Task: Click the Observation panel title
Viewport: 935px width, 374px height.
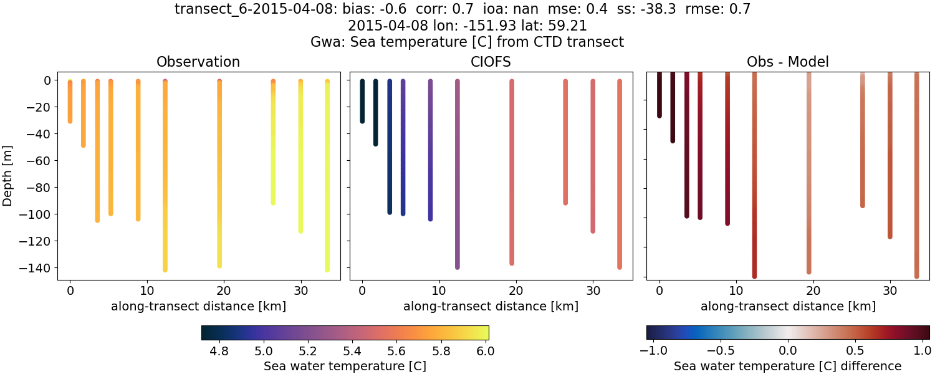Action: (x=198, y=62)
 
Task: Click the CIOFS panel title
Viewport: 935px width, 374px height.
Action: (x=491, y=62)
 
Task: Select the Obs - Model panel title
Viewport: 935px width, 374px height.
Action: (x=787, y=62)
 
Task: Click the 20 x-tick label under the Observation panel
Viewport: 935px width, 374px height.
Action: (x=224, y=291)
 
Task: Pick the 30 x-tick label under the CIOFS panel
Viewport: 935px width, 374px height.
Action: (x=593, y=291)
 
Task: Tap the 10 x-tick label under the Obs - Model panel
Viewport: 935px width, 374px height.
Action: (x=736, y=291)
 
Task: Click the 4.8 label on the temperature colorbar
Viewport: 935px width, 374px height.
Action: (x=219, y=351)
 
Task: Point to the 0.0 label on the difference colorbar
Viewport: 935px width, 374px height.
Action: (x=788, y=351)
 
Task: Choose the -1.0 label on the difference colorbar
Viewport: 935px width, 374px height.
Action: (x=650, y=351)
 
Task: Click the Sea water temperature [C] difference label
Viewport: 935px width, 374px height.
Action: (x=787, y=366)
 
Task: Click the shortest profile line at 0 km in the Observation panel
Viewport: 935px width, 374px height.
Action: (x=70, y=101)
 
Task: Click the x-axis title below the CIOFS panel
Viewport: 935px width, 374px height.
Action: (x=491, y=306)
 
